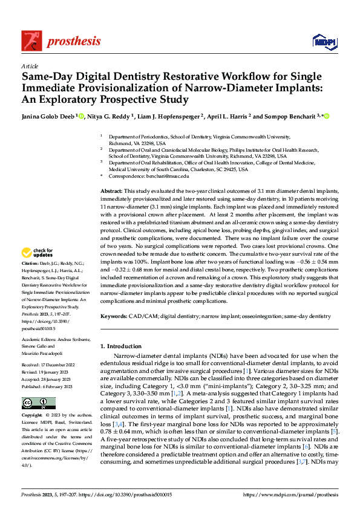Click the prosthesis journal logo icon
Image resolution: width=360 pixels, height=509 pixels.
pos(32,40)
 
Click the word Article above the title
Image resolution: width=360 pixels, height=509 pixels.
pos(30,66)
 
